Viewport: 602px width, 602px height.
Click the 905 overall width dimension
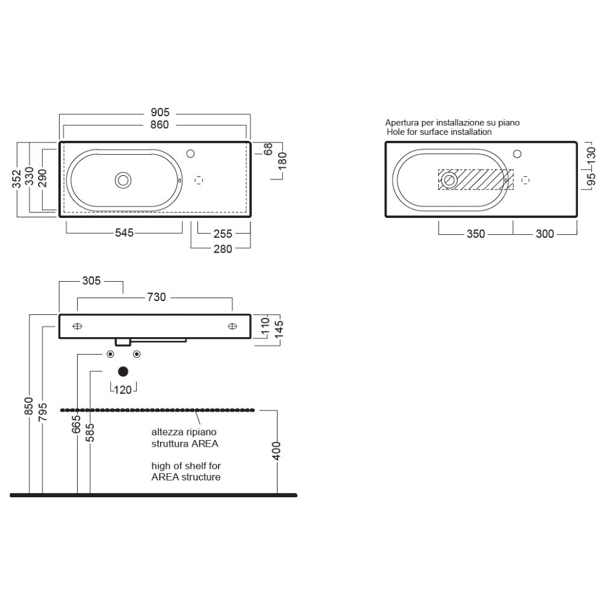click(x=160, y=112)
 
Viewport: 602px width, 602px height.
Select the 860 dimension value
click(x=160, y=125)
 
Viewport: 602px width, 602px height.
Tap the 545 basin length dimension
click(x=125, y=232)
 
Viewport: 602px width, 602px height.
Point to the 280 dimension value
click(x=223, y=249)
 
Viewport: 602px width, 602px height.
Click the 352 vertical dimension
click(x=16, y=179)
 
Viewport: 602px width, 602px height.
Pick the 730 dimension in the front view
click(x=157, y=297)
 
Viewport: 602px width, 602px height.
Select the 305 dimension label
click(x=92, y=281)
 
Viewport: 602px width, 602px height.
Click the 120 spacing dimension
click(x=123, y=390)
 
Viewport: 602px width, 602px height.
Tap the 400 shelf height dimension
click(x=276, y=451)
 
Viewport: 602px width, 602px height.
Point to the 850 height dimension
click(x=29, y=406)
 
